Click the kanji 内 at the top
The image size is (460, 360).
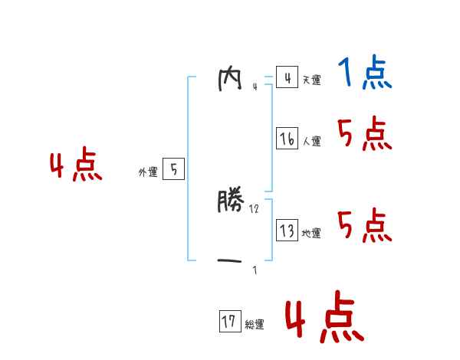229,80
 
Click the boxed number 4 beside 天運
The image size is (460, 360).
287,77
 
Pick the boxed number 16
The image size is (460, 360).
287,139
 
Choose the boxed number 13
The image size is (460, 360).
287,231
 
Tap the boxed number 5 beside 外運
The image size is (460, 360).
173,169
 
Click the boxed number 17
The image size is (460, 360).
229,322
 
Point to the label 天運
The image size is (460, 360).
311,80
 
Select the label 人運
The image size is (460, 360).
311,141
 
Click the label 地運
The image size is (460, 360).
311,233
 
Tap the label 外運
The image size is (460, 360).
148,172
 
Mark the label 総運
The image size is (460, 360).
255,325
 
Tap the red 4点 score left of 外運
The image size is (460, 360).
76,167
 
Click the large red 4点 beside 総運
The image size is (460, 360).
324,320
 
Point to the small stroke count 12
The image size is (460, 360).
255,208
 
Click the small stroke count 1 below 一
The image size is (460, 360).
255,270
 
